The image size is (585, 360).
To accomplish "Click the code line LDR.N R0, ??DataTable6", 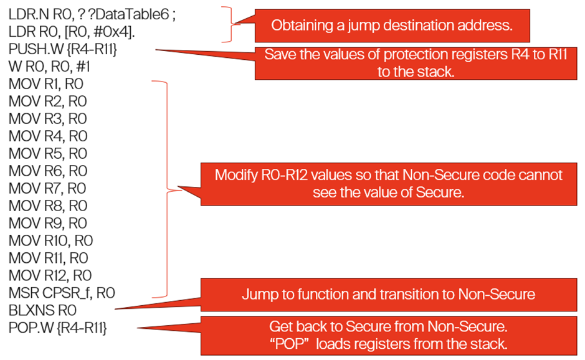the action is point(92,14).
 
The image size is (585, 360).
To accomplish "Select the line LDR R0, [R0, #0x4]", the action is point(72,32).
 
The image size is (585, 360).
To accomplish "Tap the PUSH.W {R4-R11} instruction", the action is point(63,49).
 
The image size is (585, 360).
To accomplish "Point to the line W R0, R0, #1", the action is point(49,67).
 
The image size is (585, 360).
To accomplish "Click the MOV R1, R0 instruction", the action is point(46,84).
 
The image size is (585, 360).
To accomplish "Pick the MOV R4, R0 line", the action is point(48,136).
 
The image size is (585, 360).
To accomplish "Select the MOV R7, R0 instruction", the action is point(47,188).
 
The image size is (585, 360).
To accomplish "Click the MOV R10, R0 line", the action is point(50,240).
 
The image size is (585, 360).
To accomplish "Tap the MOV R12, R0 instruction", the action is point(50,276).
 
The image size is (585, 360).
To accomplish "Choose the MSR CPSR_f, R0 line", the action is point(62,293).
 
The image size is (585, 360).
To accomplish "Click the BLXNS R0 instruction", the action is point(42,310).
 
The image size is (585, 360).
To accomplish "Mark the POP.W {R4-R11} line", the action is point(57,328).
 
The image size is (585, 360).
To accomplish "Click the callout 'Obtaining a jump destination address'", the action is point(392,26).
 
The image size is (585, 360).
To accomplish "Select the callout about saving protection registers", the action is point(416,63).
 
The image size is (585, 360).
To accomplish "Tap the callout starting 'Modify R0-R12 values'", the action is point(389,184).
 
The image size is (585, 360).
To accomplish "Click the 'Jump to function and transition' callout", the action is point(389,295).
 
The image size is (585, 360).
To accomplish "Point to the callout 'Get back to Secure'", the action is point(389,336).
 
